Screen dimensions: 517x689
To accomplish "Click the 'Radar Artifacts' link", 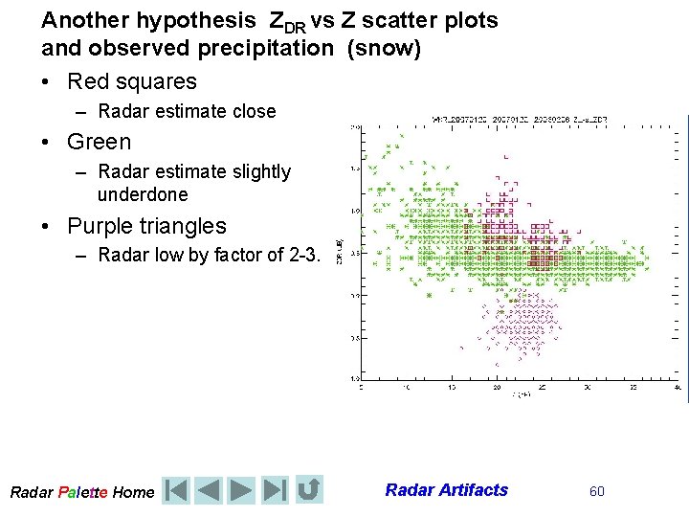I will (446, 490).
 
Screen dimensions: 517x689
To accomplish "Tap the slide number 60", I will (597, 491).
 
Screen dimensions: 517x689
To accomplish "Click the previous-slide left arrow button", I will (210, 490).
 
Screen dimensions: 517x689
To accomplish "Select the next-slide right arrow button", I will (241, 490).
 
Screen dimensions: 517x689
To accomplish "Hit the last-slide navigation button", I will (274, 490).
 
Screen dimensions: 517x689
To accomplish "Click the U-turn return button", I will (308, 490).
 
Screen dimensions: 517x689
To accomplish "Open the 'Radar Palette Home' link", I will (81, 492).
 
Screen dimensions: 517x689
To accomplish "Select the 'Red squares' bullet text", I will (132, 81).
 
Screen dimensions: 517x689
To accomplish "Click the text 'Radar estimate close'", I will (187, 111).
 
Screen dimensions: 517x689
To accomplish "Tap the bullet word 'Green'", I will (99, 142).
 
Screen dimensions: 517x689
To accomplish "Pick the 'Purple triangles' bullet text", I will (146, 226).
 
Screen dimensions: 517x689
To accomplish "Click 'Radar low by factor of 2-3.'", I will (208, 255).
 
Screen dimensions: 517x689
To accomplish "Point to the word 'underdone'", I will (143, 194).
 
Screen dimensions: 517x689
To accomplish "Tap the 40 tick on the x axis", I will (677, 388).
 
